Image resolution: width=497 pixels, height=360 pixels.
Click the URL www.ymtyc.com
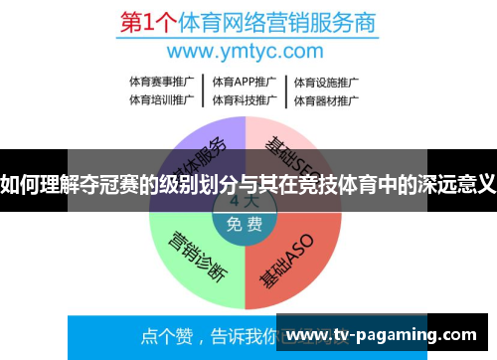246,51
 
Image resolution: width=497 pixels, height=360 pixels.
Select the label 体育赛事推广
161,82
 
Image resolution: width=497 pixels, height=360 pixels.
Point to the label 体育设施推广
325,82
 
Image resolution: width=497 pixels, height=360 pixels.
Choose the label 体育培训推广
161,99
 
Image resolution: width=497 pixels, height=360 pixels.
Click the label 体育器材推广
325,99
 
